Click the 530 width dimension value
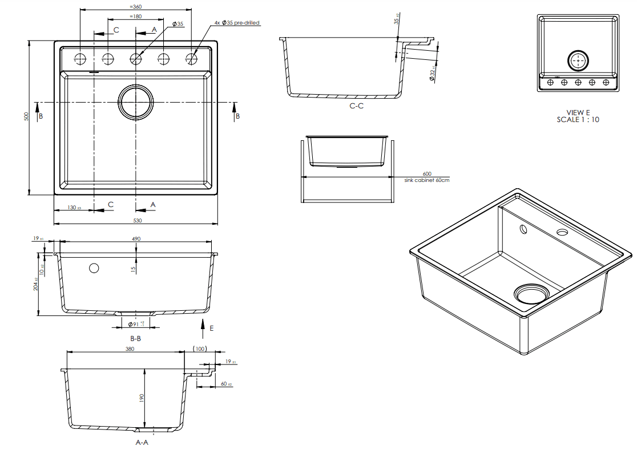[137, 220]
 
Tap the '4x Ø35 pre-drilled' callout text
[237, 23]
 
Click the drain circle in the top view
[136, 103]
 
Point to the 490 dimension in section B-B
[136, 239]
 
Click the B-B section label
[135, 338]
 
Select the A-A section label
[142, 442]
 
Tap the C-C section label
[357, 106]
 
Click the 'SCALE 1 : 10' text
[578, 120]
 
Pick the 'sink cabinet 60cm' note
[426, 180]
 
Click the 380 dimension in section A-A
[130, 348]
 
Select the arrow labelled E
[204, 327]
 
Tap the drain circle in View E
[578, 60]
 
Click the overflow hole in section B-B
[94, 268]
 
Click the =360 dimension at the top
[135, 6]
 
